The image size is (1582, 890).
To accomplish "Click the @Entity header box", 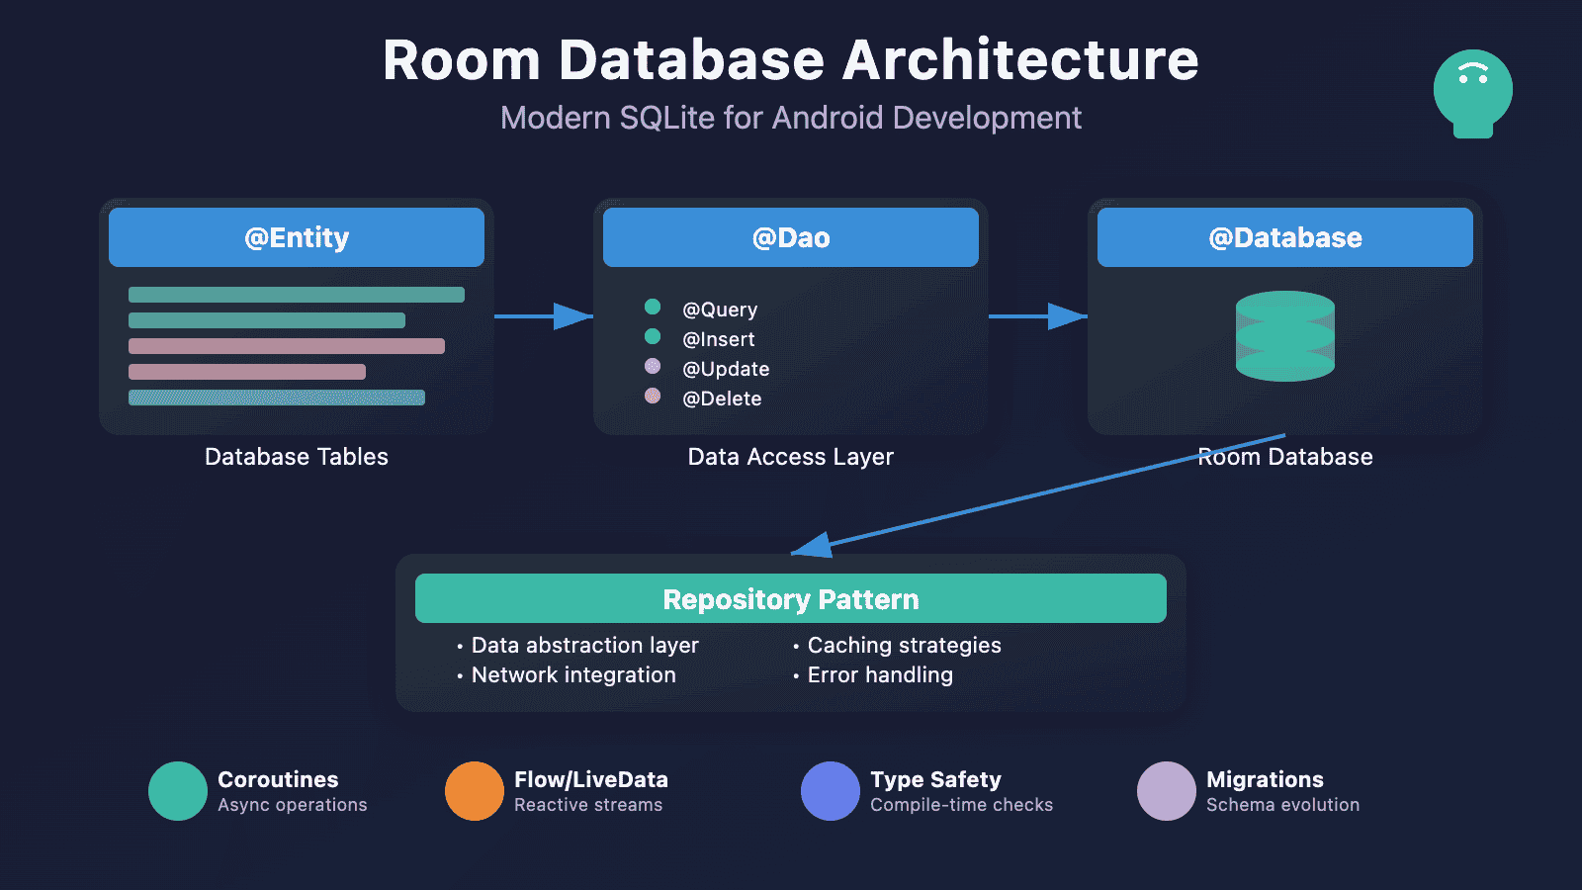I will click(x=297, y=237).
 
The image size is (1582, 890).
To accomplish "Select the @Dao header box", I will click(x=791, y=237).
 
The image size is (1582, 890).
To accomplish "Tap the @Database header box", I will click(x=1285, y=237).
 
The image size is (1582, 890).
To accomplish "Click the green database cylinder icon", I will click(x=1285, y=336).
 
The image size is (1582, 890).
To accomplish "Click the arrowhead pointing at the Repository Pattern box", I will click(x=813, y=545).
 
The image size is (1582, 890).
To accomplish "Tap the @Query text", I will click(x=720, y=310).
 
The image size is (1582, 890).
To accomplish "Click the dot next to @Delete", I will click(x=653, y=396).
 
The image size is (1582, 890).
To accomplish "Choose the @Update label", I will click(x=726, y=369).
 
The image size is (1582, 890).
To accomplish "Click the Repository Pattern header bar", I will click(x=791, y=598).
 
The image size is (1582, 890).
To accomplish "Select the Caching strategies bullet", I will click(x=904, y=645).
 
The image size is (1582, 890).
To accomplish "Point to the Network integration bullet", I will click(x=573, y=674).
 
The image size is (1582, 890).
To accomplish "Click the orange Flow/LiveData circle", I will click(x=475, y=791).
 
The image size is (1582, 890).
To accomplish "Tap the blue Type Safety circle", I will click(x=831, y=791).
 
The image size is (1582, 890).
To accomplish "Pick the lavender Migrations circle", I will click(x=1167, y=791).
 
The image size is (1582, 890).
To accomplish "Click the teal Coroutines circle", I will click(x=178, y=791).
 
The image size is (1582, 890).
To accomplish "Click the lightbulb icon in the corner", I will click(x=1473, y=92).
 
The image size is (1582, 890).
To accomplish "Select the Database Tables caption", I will click(x=297, y=457).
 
